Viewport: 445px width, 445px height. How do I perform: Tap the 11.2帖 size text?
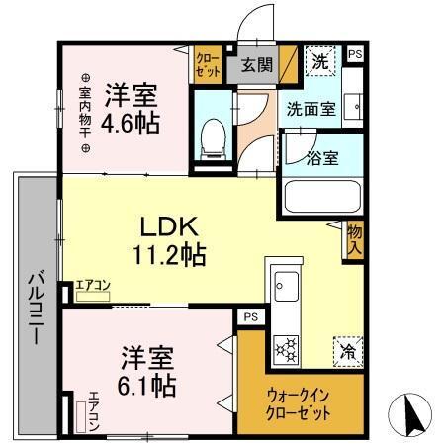(169, 255)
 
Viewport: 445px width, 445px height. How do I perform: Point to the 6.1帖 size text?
(149, 382)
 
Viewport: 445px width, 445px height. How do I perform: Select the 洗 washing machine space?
(320, 62)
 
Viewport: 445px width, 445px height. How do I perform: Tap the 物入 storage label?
(353, 240)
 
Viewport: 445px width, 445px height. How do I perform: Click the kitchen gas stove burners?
(287, 347)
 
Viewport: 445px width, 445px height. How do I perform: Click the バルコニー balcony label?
(33, 306)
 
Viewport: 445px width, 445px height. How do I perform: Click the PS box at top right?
(355, 55)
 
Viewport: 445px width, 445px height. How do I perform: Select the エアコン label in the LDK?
(94, 287)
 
